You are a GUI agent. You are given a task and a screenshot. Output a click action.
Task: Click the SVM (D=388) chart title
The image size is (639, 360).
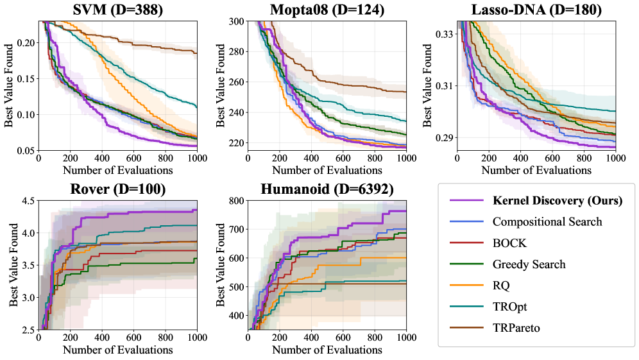point(118,10)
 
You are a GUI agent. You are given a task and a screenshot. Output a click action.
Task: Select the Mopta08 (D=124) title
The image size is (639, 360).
point(327,10)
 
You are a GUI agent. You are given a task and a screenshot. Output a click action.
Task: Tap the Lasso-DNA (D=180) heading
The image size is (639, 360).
point(536,10)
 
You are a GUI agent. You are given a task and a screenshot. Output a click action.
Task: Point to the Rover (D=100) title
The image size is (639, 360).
point(118,189)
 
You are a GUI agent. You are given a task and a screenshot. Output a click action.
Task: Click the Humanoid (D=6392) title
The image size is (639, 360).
point(327,189)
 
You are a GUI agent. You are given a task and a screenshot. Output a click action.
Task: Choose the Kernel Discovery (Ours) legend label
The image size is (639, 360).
point(558,201)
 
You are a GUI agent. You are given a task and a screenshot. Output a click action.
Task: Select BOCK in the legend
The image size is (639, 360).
point(509,243)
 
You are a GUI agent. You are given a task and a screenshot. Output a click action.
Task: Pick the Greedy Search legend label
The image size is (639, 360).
point(529,264)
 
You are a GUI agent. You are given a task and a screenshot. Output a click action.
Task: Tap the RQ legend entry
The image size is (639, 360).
point(501,286)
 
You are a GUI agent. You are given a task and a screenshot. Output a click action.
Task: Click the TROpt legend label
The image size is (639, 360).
point(510,307)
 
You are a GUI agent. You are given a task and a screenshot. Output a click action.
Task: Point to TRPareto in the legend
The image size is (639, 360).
point(516,328)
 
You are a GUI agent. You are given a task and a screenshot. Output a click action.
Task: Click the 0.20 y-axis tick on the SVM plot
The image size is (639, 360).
point(26,42)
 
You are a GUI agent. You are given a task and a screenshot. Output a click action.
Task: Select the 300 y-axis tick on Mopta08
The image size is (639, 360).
point(237,21)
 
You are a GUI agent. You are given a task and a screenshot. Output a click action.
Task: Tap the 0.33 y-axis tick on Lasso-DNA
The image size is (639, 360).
point(444,34)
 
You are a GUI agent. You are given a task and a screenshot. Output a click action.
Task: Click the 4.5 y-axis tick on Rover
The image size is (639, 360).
point(29,201)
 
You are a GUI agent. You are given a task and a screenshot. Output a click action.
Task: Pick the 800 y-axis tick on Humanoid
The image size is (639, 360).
point(237,201)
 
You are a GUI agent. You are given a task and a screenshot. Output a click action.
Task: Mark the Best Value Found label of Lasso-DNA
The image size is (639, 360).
point(427,85)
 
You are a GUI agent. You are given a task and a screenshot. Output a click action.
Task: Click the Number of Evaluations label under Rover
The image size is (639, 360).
point(118,350)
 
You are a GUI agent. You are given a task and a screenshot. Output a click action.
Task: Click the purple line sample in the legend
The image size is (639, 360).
point(466,201)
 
